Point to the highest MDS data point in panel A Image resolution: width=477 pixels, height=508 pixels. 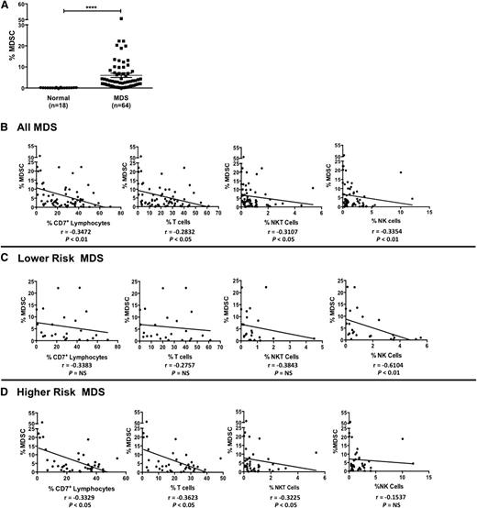[x=121, y=18]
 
